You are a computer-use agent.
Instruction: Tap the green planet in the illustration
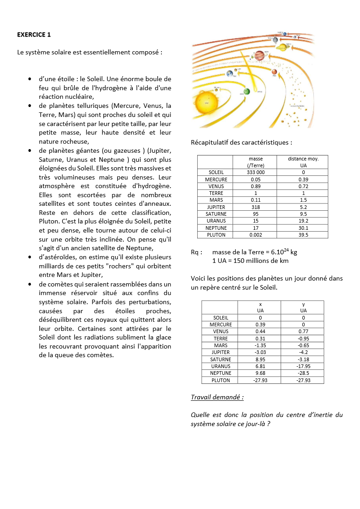click(x=247, y=92)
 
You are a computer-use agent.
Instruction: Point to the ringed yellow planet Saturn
click(x=283, y=47)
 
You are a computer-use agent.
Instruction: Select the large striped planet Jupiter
click(x=259, y=55)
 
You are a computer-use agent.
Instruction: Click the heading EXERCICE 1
click(x=34, y=34)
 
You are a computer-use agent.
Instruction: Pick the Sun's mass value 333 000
click(x=256, y=172)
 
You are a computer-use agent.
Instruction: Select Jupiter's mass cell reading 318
click(x=256, y=207)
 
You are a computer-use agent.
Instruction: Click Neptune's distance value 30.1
click(x=303, y=228)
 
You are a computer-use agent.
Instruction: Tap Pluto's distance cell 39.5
click(x=303, y=235)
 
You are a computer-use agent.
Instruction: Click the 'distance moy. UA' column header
click(x=303, y=162)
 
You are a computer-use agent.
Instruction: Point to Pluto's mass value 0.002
click(x=256, y=235)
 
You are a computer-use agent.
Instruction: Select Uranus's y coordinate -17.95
click(x=303, y=366)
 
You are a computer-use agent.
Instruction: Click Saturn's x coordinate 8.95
click(x=260, y=359)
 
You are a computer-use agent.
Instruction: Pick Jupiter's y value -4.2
click(x=303, y=352)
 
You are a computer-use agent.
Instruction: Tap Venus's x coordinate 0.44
click(x=260, y=331)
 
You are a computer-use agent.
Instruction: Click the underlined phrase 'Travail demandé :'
click(x=217, y=398)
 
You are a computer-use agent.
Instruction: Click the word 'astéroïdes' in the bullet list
click(x=58, y=257)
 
